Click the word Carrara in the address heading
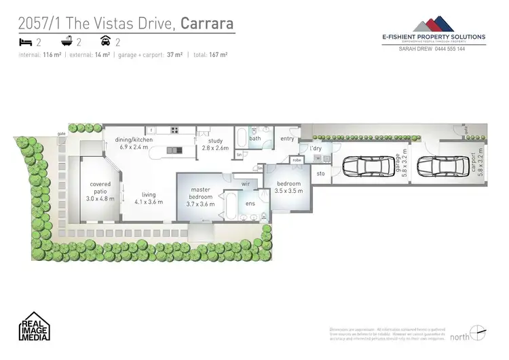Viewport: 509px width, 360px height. click(208, 24)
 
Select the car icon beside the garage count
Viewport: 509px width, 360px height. click(105, 42)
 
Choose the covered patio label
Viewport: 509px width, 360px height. click(100, 187)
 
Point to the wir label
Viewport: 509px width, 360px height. click(245, 183)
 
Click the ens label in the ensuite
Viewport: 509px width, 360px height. click(249, 204)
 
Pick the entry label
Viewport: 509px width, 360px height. click(287, 139)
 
